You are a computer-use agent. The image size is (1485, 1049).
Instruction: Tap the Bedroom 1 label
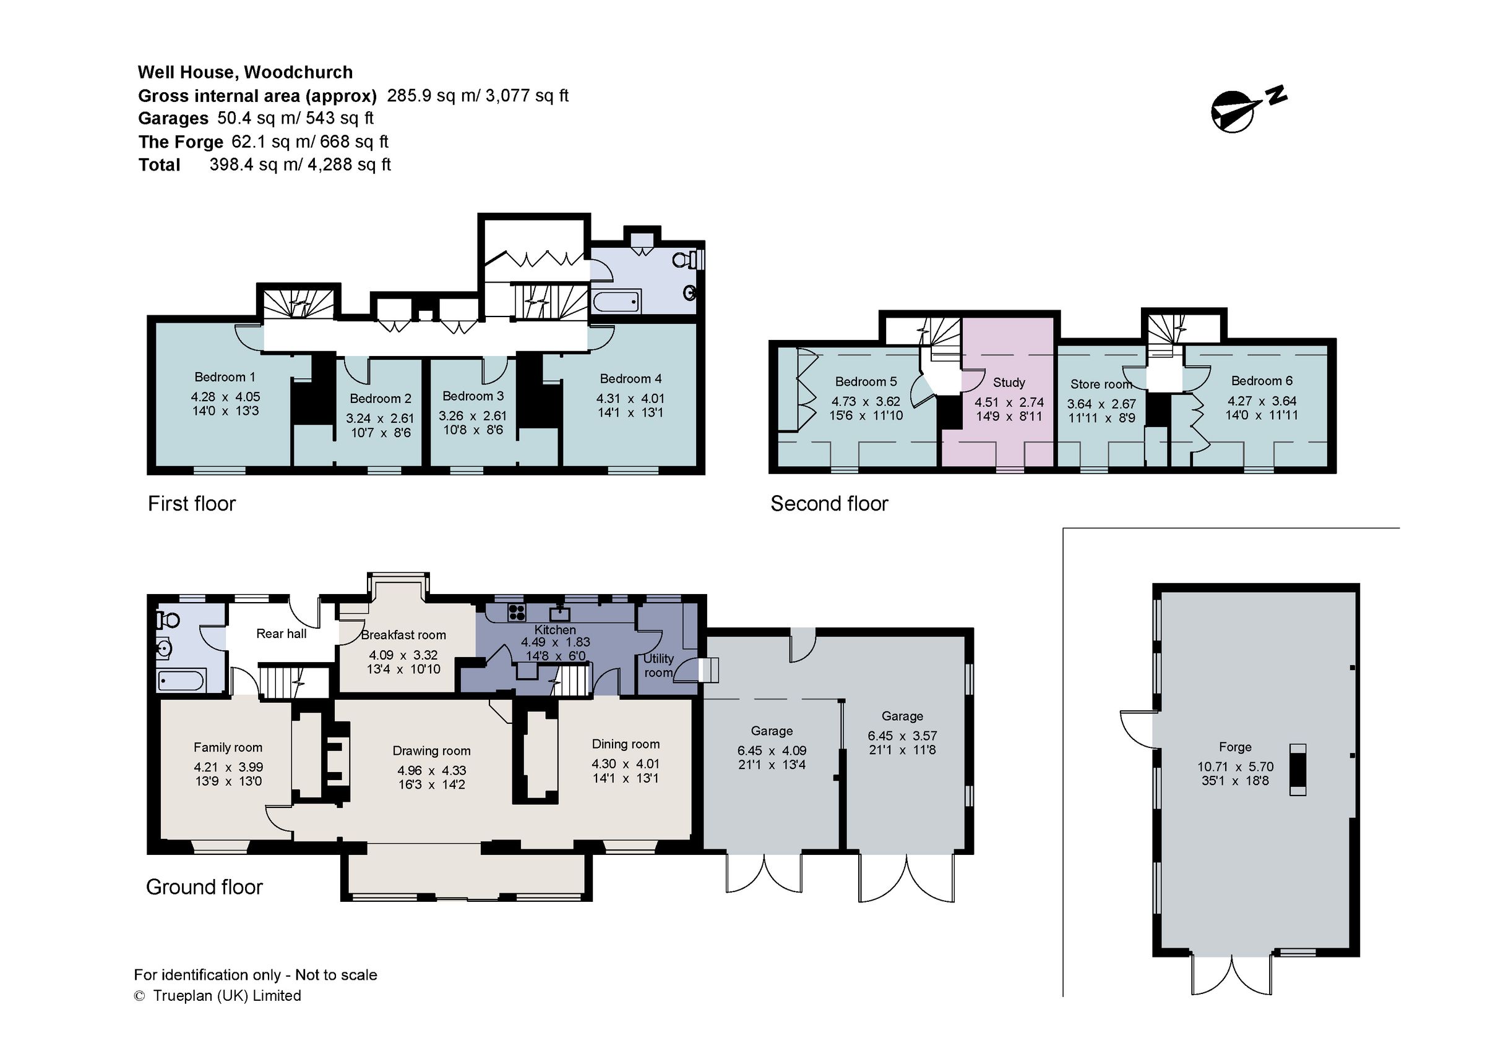pos(225,377)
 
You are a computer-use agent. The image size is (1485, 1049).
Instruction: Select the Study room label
pos(1009,383)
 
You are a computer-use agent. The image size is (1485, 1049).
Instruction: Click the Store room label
pos(1101,384)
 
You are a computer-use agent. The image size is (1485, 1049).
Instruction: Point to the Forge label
pos(1234,747)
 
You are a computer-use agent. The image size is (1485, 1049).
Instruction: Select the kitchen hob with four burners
pos(517,611)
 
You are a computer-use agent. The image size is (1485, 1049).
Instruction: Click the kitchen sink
pos(559,611)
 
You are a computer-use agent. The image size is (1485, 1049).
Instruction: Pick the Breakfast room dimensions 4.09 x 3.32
pos(403,655)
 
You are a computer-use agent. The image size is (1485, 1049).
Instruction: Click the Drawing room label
pos(431,751)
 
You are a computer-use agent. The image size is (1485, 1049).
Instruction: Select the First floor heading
pos(191,504)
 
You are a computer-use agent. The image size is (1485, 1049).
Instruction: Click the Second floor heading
pos(829,504)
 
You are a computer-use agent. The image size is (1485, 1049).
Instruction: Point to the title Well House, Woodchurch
pos(245,72)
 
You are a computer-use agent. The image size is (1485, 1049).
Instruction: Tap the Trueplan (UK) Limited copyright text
pos(218,996)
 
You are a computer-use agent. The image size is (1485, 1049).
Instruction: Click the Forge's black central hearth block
pos(1298,769)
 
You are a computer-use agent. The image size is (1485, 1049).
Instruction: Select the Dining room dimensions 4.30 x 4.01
pos(626,763)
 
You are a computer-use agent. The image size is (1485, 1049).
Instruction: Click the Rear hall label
pos(282,634)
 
